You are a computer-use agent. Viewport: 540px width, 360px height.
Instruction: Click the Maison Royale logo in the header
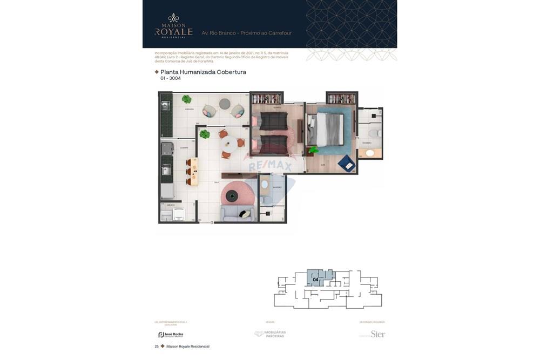pos(173,26)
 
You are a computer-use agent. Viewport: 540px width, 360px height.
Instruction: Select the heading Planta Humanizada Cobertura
pos(203,72)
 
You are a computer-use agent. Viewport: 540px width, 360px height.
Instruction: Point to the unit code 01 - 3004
pos(171,79)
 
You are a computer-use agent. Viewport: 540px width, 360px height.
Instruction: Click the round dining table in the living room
pos(230,145)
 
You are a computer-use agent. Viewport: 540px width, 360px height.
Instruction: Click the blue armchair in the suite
pos(347,163)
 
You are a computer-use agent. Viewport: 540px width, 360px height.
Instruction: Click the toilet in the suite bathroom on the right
pos(373,132)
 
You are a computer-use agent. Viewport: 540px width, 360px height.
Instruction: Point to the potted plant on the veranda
pos(186,99)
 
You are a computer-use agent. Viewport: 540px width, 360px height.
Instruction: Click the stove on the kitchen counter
pos(167,148)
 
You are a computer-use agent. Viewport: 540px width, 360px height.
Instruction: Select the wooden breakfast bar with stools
pos(193,172)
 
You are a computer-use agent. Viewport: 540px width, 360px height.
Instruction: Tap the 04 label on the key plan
pos(315,280)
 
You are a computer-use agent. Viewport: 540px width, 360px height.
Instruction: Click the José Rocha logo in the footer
pos(171,335)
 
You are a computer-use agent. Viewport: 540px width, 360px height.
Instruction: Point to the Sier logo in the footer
pos(377,334)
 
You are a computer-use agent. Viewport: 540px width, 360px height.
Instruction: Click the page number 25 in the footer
pos(157,347)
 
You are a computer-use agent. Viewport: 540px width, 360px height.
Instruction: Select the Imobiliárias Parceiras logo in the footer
pos(270,334)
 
